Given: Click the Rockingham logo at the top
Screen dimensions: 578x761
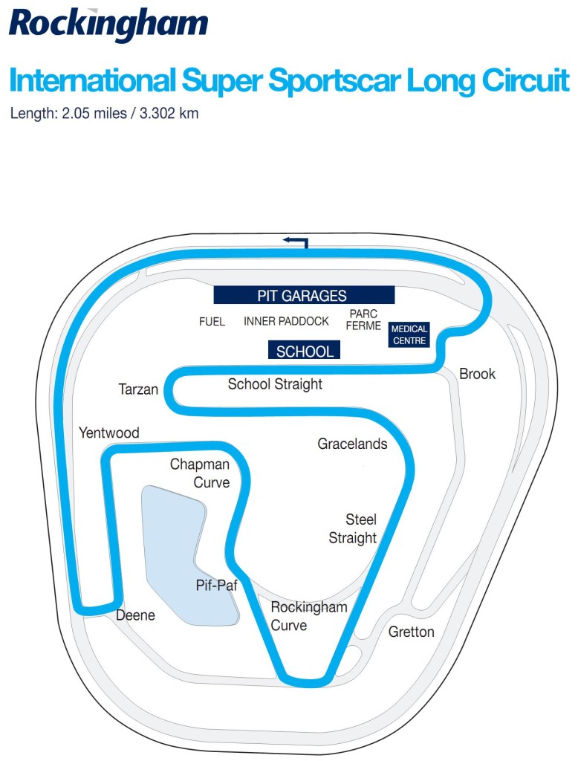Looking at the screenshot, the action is (108, 25).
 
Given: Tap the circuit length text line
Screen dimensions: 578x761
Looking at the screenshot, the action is (104, 114).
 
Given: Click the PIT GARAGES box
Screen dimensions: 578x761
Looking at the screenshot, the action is (304, 295).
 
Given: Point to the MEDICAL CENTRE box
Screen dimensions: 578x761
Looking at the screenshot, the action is (409, 335).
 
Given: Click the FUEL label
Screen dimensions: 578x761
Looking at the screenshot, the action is (212, 321).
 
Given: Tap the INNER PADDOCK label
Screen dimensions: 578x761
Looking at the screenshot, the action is (286, 321).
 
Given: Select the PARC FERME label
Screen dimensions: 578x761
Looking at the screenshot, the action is (363, 320).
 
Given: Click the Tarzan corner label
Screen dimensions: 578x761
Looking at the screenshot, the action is (138, 389).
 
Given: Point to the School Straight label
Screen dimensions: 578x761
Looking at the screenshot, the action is (275, 384).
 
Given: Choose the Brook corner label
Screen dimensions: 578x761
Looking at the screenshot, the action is (478, 374).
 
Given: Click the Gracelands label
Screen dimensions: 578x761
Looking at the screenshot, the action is (352, 444).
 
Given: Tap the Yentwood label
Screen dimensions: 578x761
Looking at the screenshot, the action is (109, 433).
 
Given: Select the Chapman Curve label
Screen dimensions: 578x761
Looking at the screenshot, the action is (200, 473).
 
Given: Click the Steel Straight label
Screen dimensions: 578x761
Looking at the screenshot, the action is (353, 528).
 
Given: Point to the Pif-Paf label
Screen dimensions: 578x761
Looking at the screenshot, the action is (216, 586).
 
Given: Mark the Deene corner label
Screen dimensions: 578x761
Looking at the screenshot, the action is (135, 615).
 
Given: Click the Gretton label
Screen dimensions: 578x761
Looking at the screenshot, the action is (412, 632).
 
